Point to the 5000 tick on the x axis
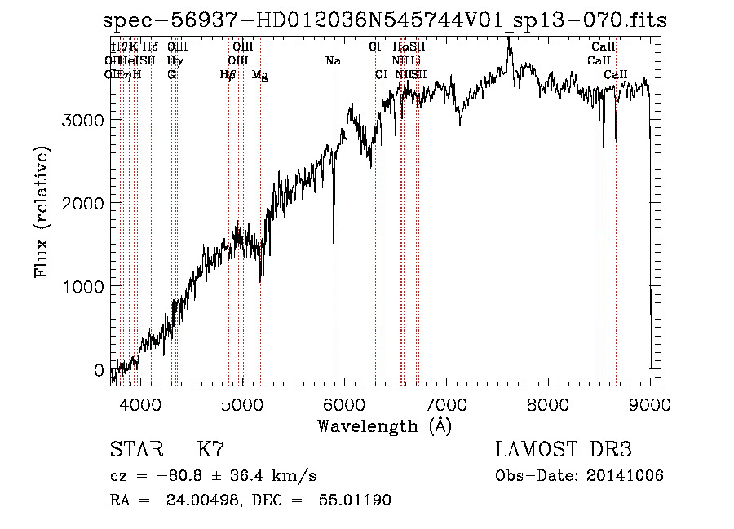(242, 403)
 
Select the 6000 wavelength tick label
(344, 403)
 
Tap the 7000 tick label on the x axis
(446, 403)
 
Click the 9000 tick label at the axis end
(650, 403)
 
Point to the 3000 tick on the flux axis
(84, 120)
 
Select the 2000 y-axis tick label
(84, 203)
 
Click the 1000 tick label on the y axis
(84, 287)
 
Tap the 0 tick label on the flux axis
(99, 370)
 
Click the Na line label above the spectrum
(333, 60)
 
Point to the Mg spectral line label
(259, 75)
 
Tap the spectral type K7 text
(210, 450)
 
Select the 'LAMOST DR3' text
(564, 450)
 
